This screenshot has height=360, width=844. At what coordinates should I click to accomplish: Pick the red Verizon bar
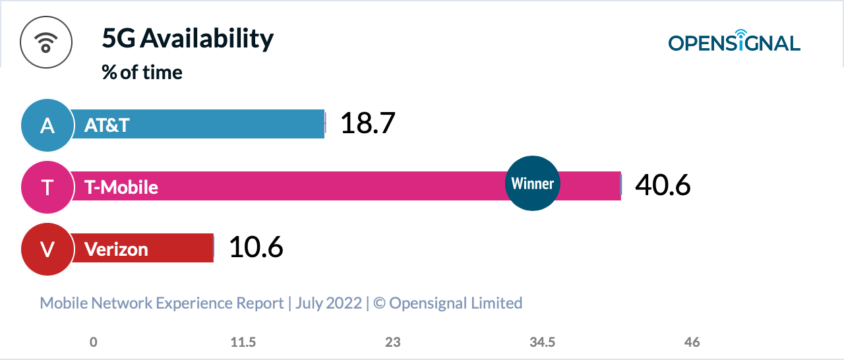pyautogui.click(x=178, y=248)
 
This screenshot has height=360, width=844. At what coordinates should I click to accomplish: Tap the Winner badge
pyautogui.click(x=533, y=183)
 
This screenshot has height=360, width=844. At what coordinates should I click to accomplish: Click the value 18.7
pyautogui.click(x=367, y=124)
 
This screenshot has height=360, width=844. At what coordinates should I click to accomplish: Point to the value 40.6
pyautogui.click(x=663, y=185)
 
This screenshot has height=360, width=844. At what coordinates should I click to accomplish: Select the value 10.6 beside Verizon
pyautogui.click(x=256, y=247)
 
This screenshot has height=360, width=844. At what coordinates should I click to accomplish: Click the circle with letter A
pyautogui.click(x=47, y=125)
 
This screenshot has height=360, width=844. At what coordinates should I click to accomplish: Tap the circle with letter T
pyautogui.click(x=47, y=187)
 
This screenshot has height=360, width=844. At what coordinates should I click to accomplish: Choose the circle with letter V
pyautogui.click(x=47, y=249)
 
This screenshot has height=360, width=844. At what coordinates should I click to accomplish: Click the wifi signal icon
pyautogui.click(x=45, y=42)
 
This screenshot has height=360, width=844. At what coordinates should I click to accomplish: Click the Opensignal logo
pyautogui.click(x=734, y=42)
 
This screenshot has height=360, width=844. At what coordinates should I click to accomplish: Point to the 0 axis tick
pyautogui.click(x=94, y=342)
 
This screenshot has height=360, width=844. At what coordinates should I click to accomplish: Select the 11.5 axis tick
pyautogui.click(x=243, y=342)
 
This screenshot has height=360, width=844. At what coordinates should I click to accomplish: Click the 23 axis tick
pyautogui.click(x=393, y=342)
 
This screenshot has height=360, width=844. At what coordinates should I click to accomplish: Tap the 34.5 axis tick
pyautogui.click(x=542, y=342)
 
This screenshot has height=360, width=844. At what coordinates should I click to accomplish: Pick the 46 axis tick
pyautogui.click(x=692, y=342)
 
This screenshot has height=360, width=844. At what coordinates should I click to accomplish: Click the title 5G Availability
pyautogui.click(x=187, y=40)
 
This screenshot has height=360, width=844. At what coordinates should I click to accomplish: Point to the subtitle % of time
pyautogui.click(x=142, y=72)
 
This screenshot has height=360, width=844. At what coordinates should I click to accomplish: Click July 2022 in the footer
pyautogui.click(x=328, y=303)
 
